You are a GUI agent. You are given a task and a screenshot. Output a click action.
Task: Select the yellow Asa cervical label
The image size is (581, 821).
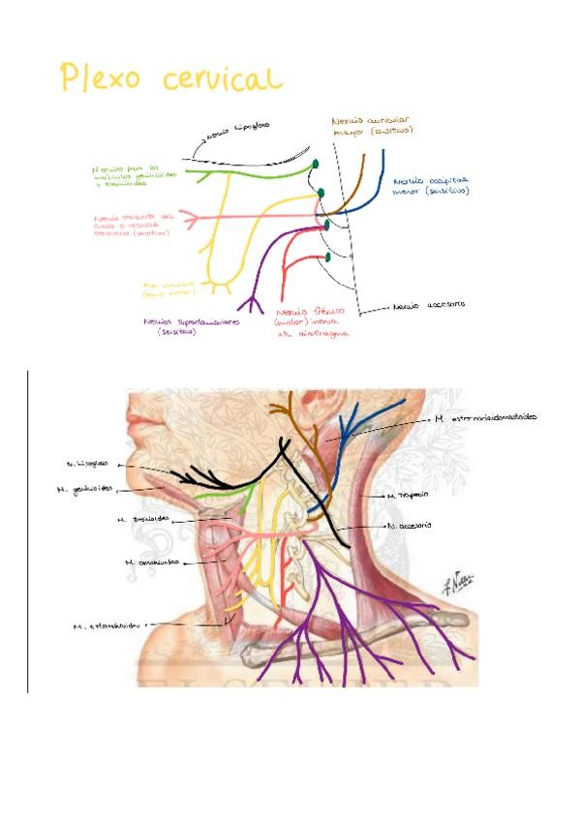[x=167, y=289]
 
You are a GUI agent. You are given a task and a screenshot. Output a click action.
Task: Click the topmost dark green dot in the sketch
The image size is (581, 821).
[x=315, y=165]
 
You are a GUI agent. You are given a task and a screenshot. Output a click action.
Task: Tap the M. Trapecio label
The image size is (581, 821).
[x=408, y=495]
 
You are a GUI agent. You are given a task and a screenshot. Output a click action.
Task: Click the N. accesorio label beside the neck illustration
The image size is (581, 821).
[x=408, y=526]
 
